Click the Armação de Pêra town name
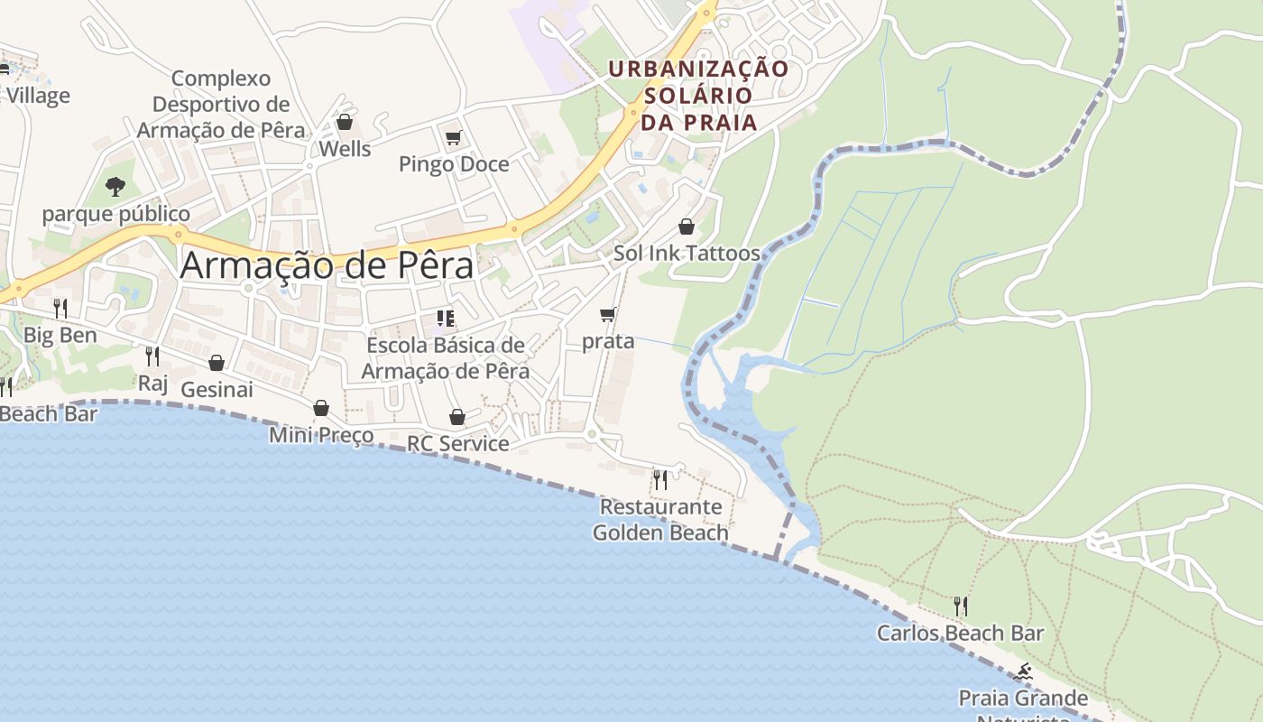[327, 265]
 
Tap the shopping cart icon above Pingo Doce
[454, 138]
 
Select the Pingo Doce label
[454, 164]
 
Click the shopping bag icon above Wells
[344, 122]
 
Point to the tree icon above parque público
[115, 187]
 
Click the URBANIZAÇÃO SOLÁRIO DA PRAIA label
[698, 95]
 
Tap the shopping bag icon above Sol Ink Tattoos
[687, 227]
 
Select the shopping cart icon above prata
[608, 315]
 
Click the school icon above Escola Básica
[445, 319]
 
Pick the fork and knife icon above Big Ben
[60, 309]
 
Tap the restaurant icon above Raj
[152, 356]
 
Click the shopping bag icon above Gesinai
[217, 363]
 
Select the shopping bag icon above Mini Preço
[321, 409]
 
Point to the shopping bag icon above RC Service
[457, 417]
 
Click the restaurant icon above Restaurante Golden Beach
[660, 479]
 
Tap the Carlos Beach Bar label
[960, 634]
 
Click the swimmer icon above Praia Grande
[1023, 671]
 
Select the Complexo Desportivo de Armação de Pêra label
[221, 105]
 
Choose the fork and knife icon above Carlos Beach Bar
[961, 606]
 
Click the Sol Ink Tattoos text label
[687, 254]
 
